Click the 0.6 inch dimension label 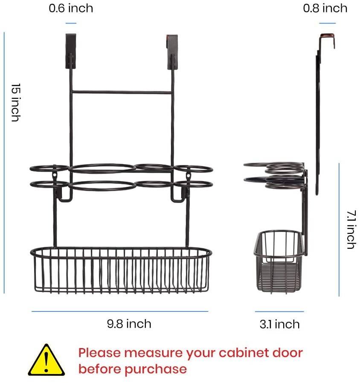click(71, 8)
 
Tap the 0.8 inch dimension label click(325, 8)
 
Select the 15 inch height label click(16, 102)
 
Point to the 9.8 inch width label click(129, 324)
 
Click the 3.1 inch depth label click(279, 324)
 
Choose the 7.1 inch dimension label click(351, 230)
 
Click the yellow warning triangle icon click(46, 360)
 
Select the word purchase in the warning click(156, 369)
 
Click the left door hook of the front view click(71, 51)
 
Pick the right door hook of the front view click(172, 52)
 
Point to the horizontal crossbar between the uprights click(122, 92)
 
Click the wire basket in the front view click(121, 270)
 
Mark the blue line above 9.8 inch click(120, 311)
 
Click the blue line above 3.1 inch click(279, 311)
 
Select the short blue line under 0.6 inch click(71, 23)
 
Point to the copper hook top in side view click(328, 36)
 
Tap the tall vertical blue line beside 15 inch click(4, 163)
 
